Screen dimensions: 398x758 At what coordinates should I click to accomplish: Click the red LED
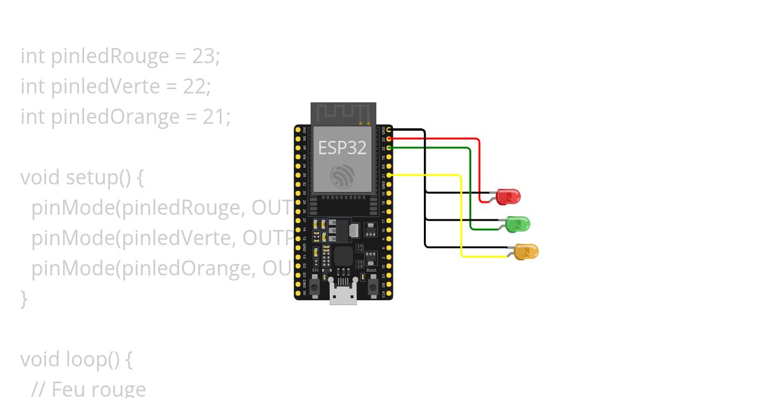click(508, 196)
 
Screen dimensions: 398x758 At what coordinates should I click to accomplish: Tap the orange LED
click(526, 251)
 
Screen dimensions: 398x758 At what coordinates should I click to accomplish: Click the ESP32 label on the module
click(342, 148)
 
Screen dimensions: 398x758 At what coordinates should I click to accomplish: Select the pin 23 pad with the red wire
click(389, 138)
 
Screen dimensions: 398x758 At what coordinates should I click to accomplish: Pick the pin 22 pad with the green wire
click(389, 147)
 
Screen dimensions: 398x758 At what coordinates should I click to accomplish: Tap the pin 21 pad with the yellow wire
click(389, 174)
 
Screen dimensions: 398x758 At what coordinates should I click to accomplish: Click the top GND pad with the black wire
click(389, 130)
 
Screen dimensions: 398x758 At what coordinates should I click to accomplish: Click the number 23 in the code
click(204, 56)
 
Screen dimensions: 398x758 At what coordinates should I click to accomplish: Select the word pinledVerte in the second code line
click(105, 86)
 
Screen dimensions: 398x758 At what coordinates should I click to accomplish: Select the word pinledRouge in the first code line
click(109, 56)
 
